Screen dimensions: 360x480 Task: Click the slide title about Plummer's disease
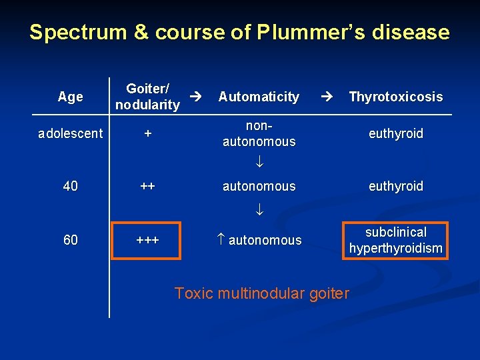pos(239,32)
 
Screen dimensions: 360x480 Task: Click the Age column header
pos(71,97)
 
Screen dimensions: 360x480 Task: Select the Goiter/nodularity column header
pos(147,97)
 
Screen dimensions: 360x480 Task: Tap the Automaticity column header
pos(259,97)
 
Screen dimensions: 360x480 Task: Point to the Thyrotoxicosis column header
pos(395,97)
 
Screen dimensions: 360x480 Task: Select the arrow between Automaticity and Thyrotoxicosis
pos(328,97)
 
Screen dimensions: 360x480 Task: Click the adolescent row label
pos(71,133)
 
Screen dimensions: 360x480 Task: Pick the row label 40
pos(71,186)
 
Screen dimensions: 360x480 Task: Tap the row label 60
pos(71,240)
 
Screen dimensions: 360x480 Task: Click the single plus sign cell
pos(148,133)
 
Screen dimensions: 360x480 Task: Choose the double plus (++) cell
pos(148,186)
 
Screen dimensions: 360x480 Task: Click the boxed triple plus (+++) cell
pos(148,240)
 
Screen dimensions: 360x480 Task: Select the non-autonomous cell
pos(259,133)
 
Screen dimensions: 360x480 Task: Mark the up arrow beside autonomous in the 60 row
pos(221,240)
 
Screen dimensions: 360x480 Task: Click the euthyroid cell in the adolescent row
pos(396,133)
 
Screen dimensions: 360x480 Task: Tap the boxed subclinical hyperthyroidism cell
pos(396,240)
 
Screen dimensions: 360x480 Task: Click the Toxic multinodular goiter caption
pos(261,293)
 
